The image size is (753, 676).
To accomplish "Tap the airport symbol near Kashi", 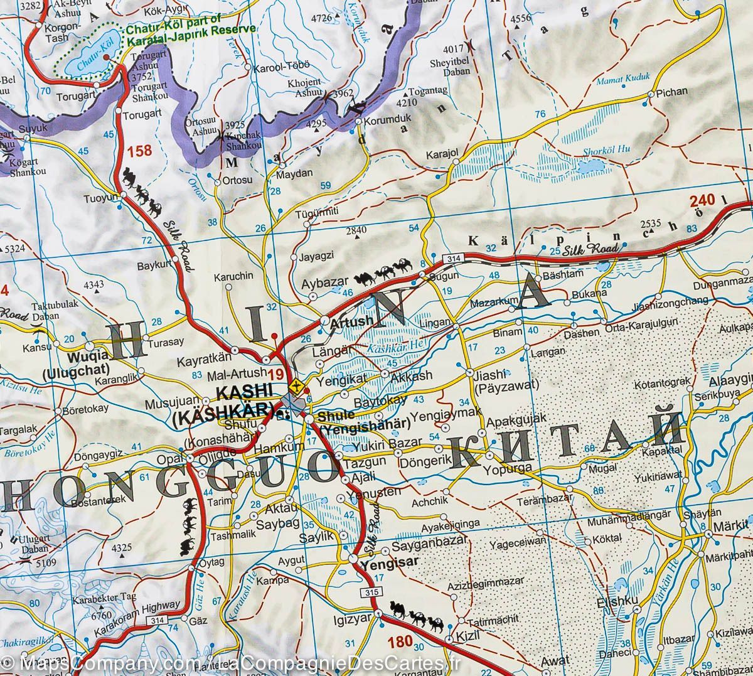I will click(297, 384).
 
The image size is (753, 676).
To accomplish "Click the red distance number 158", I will click(139, 151).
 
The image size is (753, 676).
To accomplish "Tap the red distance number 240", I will click(702, 201).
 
